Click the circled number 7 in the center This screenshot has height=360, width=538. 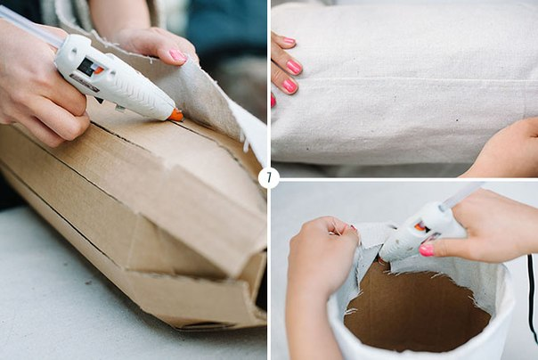(x=269, y=177)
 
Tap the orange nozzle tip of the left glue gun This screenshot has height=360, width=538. (x=176, y=115)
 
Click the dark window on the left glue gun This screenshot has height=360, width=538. (x=86, y=66)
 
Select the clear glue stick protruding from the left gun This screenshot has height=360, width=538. (x=30, y=27)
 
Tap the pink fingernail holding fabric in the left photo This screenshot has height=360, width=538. (x=177, y=55)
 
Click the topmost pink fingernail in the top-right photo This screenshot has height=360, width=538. (x=289, y=41)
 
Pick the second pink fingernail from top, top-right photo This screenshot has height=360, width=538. (x=294, y=67)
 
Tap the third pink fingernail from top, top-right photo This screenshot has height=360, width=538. (x=289, y=86)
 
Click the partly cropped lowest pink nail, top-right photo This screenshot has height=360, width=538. (x=273, y=101)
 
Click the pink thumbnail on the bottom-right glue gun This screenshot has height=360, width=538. (x=427, y=250)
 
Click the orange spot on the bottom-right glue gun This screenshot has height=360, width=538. (x=420, y=227)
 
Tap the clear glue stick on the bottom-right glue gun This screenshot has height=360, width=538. (x=461, y=196)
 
